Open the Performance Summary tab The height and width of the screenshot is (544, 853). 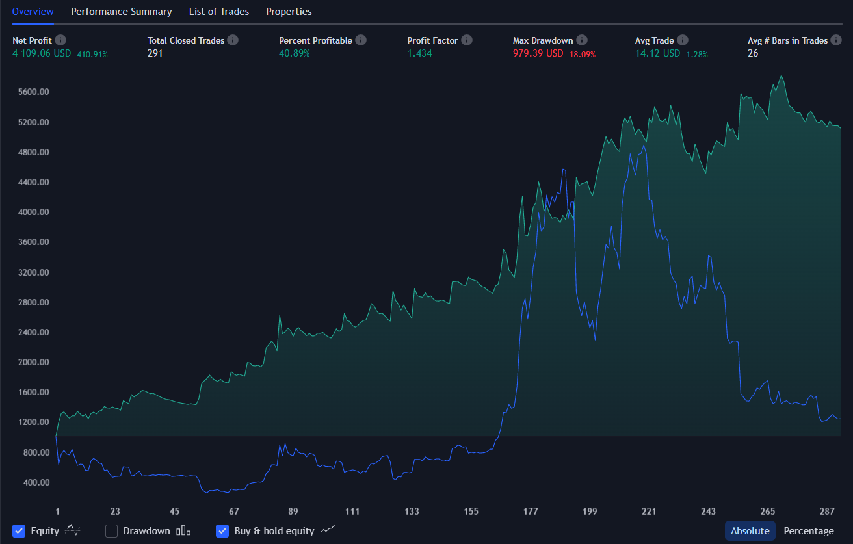pos(121,12)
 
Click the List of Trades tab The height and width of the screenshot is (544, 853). pos(218,12)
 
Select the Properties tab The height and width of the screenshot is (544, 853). pos(289,12)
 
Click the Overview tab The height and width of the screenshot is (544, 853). pos(33,12)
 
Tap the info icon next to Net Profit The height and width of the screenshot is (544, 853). pos(60,40)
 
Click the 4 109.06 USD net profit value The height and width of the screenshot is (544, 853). pos(42,53)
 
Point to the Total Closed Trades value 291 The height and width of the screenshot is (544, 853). pos(155,53)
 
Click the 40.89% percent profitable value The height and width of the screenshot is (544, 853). pos(295,53)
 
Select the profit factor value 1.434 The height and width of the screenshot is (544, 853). pos(419,53)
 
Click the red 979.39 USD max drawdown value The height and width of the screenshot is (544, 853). pos(538,53)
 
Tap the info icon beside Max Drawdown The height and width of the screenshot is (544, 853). pos(582,40)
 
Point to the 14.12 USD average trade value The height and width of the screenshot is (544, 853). pos(657,53)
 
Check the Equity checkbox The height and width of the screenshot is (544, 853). pos(19,531)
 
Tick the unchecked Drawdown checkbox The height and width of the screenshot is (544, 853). pos(112,531)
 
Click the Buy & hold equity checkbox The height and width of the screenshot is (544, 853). pos(222,531)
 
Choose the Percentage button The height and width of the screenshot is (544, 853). pos(808,531)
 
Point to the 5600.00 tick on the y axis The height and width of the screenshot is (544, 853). pos(33,92)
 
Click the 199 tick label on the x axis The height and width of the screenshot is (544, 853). pos(590,512)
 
